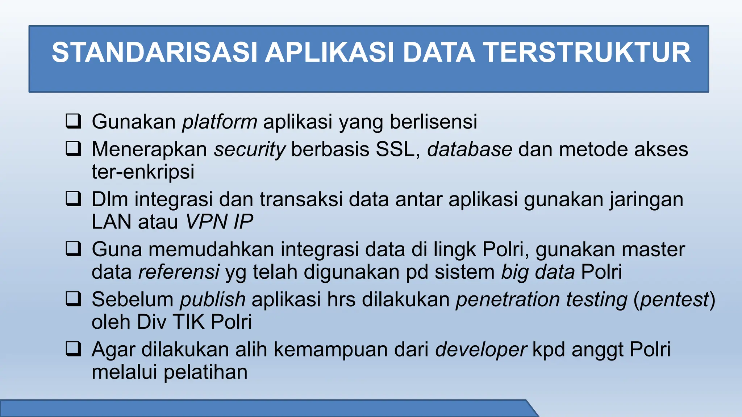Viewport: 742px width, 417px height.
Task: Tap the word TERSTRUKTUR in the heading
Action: (x=587, y=53)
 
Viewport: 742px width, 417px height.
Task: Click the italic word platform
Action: (x=220, y=122)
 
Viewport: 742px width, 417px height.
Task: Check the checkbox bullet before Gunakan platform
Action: (x=73, y=121)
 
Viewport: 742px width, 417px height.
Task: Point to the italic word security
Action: (x=249, y=149)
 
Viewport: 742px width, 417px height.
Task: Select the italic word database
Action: (x=470, y=149)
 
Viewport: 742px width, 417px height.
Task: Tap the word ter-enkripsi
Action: (x=143, y=172)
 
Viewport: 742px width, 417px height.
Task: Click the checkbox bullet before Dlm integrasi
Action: (x=73, y=199)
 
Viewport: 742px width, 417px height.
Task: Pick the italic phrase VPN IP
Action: (x=219, y=222)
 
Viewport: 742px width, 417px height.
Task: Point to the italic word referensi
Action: (x=179, y=272)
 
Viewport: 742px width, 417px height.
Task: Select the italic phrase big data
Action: (x=538, y=272)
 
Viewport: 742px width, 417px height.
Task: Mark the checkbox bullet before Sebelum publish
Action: (x=73, y=299)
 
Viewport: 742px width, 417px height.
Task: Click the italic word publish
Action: (x=213, y=300)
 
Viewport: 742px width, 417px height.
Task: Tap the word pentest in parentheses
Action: (x=674, y=300)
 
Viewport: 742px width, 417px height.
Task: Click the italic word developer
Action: (x=481, y=350)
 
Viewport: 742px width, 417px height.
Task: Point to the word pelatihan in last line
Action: (x=205, y=372)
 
